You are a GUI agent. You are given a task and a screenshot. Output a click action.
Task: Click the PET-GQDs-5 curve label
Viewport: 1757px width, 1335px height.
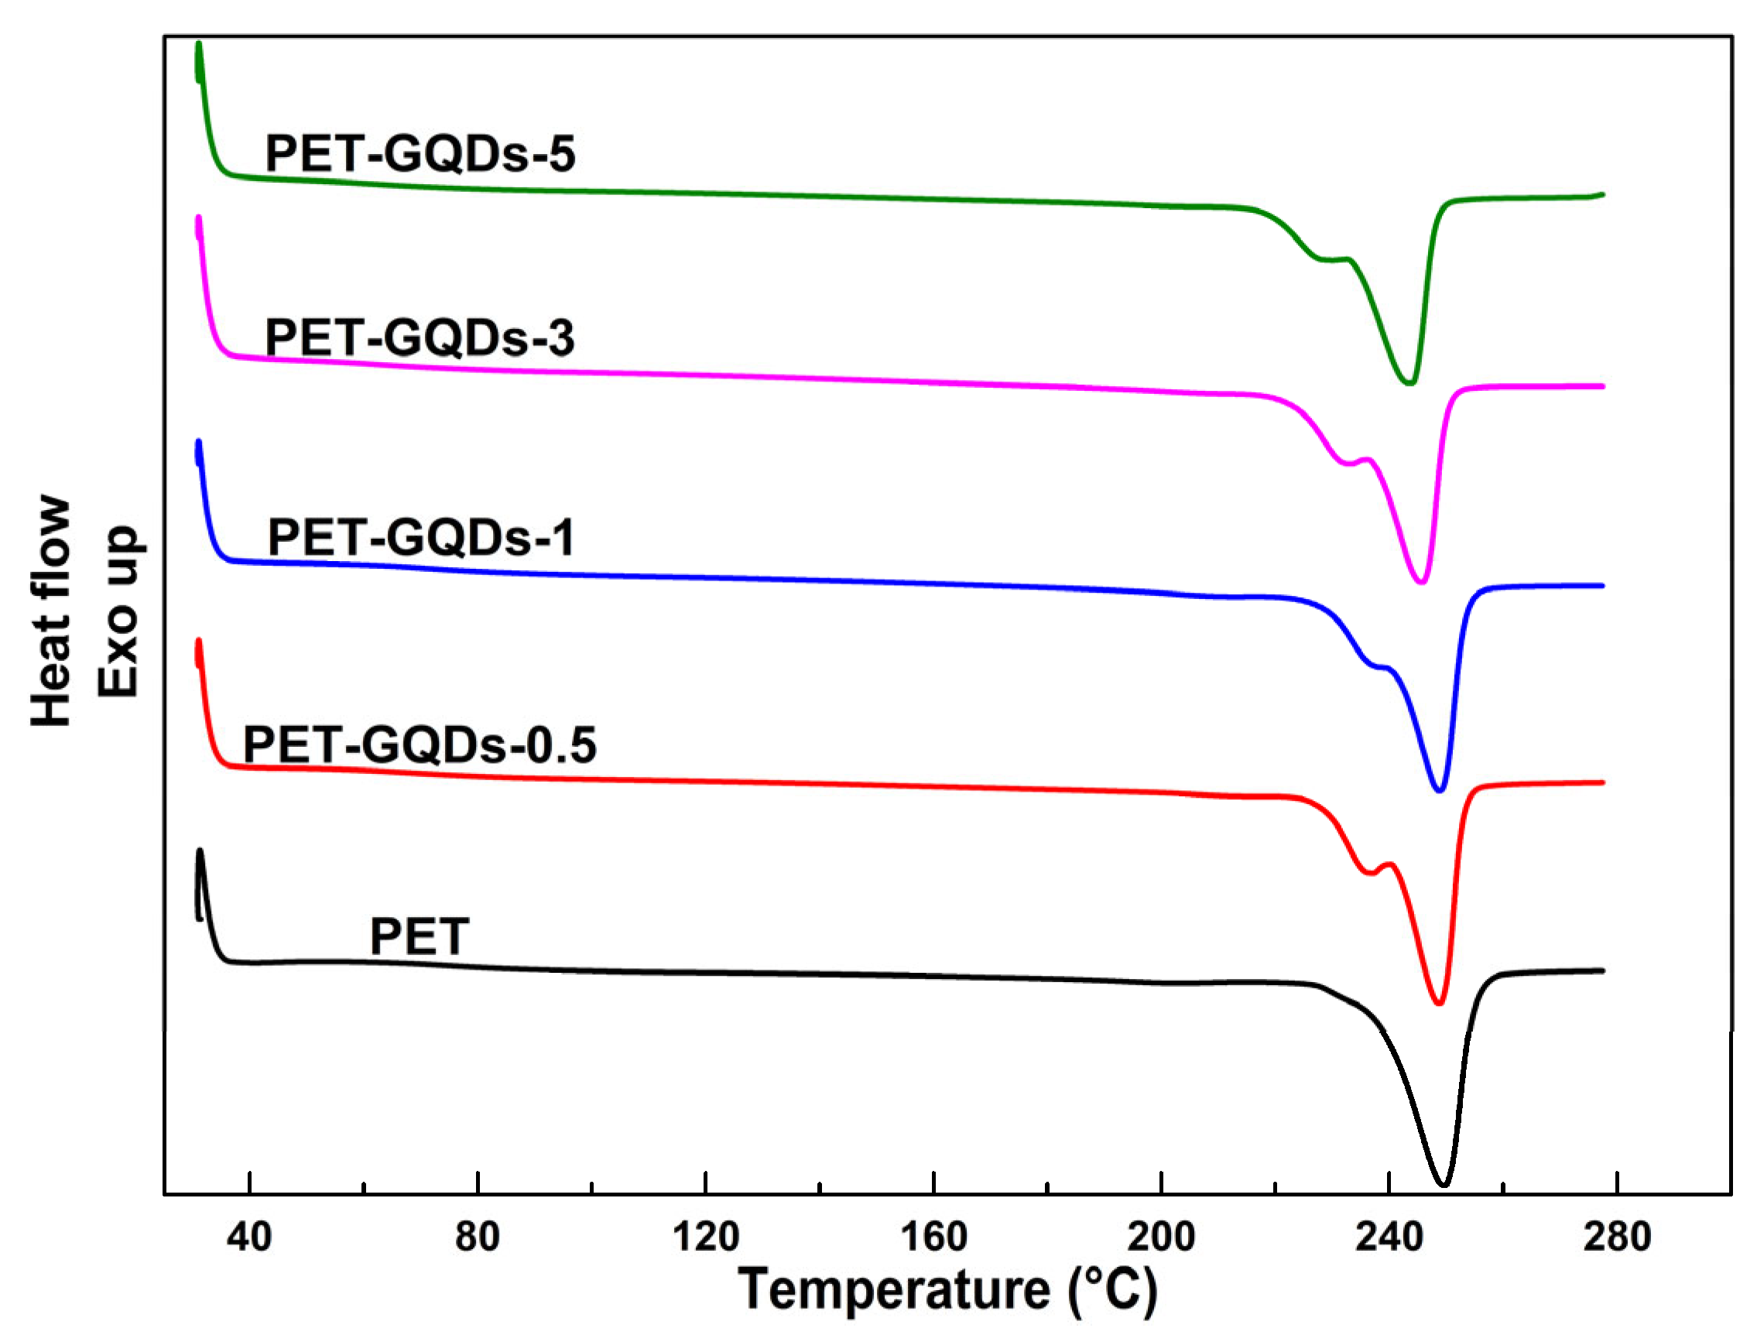click(x=420, y=153)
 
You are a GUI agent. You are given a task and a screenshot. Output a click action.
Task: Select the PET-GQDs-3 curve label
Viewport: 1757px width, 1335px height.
click(x=420, y=337)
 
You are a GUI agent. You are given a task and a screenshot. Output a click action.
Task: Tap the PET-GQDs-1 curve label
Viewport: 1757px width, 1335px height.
click(x=421, y=538)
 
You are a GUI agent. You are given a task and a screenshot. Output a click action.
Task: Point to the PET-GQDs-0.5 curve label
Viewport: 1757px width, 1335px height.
click(x=420, y=745)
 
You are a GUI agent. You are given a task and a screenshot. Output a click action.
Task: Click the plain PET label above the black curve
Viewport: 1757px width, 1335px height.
click(x=420, y=937)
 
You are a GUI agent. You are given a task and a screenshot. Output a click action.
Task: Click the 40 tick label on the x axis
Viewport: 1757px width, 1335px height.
click(x=249, y=1237)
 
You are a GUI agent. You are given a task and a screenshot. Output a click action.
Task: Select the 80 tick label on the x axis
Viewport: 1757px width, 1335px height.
click(x=478, y=1237)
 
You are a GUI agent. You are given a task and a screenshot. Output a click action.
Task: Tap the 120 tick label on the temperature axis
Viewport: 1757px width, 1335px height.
click(x=706, y=1237)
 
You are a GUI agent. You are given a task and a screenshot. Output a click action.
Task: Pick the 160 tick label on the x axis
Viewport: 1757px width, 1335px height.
click(x=933, y=1237)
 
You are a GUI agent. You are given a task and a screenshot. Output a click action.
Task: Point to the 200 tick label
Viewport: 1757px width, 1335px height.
click(x=1161, y=1237)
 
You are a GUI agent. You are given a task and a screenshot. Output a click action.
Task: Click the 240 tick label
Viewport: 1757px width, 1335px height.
click(x=1389, y=1237)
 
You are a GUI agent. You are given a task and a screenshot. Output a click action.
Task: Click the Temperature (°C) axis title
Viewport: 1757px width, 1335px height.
click(x=948, y=1291)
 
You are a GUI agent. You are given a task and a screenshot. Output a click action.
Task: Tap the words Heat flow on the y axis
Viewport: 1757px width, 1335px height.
click(x=53, y=611)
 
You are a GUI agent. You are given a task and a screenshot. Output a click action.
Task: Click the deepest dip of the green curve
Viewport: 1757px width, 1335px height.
click(x=1409, y=383)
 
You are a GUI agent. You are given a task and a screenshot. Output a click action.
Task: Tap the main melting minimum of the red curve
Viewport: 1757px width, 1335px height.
click(x=1438, y=1004)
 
